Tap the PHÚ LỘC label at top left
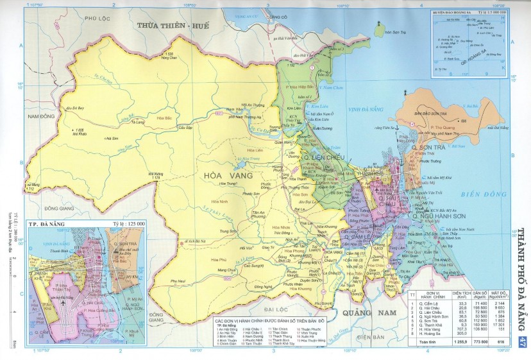click(x=104, y=19)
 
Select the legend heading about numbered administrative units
click(x=265, y=320)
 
